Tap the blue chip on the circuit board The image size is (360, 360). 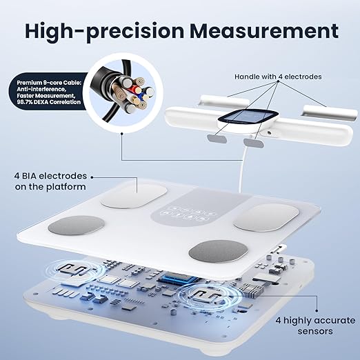click(x=179, y=278)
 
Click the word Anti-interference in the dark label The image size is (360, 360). click(x=42, y=89)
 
